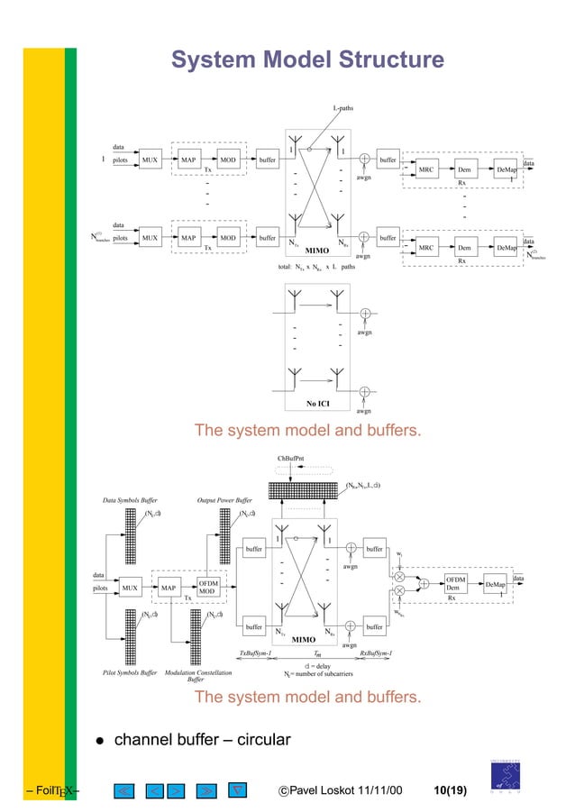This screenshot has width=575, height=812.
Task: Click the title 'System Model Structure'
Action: [307, 60]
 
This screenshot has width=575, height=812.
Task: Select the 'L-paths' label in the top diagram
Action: [342, 109]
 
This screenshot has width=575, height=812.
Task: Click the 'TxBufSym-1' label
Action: [255, 652]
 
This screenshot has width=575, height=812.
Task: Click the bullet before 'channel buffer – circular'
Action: [101, 741]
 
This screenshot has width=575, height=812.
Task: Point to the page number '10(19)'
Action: [450, 791]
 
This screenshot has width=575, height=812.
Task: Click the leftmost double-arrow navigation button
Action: [124, 791]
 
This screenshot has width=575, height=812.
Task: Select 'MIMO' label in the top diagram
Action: [318, 250]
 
